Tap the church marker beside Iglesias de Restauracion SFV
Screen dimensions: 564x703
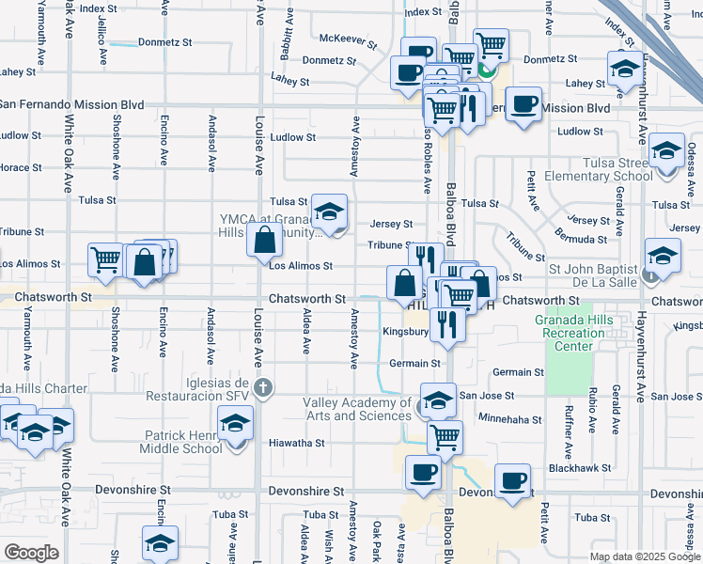pyautogui.click(x=264, y=386)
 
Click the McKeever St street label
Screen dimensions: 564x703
pyautogui.click(x=348, y=39)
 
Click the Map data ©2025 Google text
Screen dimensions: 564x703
pyautogui.click(x=645, y=556)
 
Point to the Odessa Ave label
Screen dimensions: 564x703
pyautogui.click(x=691, y=156)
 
